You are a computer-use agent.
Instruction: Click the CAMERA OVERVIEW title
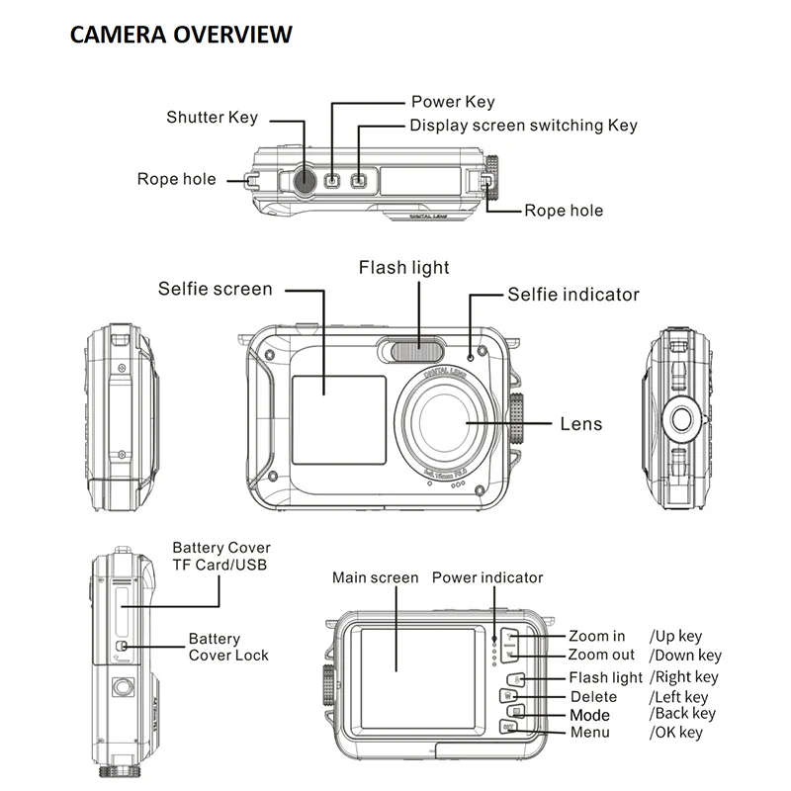pos(181,35)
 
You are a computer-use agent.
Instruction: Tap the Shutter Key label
pos(212,118)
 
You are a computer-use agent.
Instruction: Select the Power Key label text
pos(453,102)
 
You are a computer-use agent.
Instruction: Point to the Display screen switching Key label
pos(523,126)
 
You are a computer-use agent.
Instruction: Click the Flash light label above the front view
pos(403,268)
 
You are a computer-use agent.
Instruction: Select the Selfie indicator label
pos(573,295)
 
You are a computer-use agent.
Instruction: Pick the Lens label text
pos(580,424)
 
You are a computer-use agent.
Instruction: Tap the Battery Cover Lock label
pos(228,648)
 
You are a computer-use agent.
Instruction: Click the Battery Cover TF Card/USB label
pos(220,556)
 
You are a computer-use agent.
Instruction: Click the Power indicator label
pos(487,577)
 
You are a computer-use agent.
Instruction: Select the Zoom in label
pos(596,637)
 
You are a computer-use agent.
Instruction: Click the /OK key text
pos(675,733)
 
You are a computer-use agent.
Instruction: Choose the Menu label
pos(590,733)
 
